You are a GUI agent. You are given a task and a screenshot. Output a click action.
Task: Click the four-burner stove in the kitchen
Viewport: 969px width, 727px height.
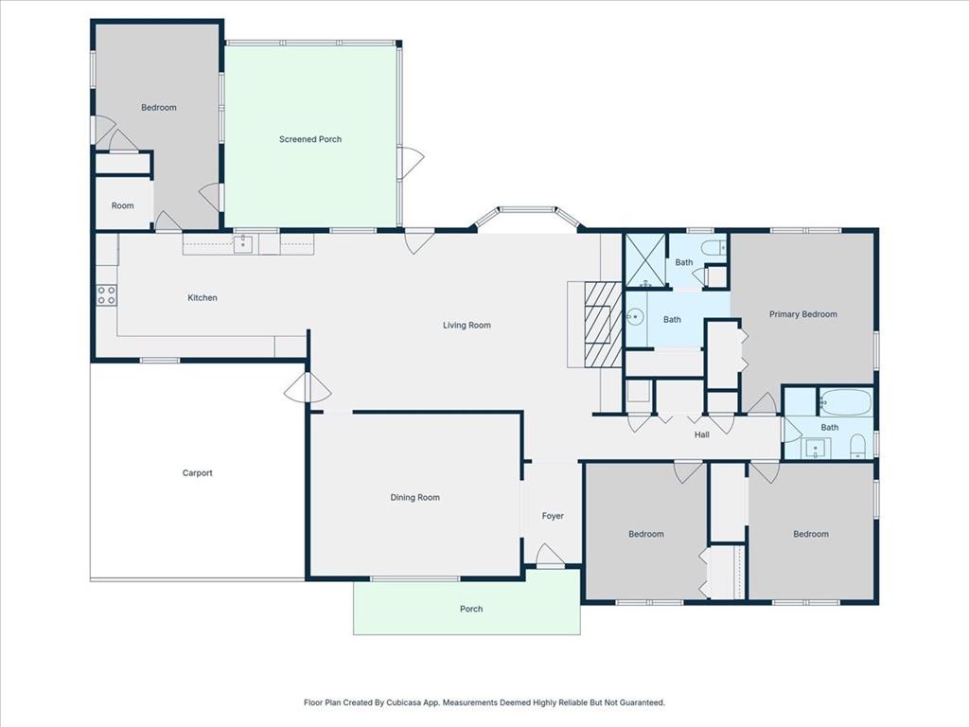click(x=106, y=295)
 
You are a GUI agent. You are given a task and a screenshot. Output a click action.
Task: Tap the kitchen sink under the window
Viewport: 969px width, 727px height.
click(x=243, y=245)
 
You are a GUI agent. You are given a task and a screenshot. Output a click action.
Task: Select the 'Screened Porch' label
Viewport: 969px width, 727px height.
click(x=310, y=139)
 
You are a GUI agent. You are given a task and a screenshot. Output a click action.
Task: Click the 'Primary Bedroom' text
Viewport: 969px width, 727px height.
click(x=802, y=314)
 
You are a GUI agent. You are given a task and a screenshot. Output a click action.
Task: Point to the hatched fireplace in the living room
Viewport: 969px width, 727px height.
click(x=603, y=325)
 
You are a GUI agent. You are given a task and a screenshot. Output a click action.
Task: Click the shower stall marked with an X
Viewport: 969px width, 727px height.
click(x=644, y=261)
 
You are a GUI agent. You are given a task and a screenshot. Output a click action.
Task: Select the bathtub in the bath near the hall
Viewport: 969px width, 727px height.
click(x=845, y=403)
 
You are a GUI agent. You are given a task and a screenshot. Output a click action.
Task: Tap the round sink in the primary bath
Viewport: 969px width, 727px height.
click(x=635, y=319)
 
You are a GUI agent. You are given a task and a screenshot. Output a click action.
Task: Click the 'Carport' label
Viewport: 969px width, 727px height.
click(x=197, y=473)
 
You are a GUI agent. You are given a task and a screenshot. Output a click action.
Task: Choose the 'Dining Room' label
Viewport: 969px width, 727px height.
click(x=415, y=498)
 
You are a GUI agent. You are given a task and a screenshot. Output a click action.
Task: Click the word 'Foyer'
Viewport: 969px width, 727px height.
click(x=553, y=516)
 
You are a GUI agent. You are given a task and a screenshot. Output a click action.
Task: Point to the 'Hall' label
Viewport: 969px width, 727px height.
click(x=702, y=434)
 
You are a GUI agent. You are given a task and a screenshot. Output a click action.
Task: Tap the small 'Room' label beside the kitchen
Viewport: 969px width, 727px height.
click(x=123, y=205)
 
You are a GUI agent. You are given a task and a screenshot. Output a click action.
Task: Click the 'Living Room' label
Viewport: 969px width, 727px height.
click(x=467, y=326)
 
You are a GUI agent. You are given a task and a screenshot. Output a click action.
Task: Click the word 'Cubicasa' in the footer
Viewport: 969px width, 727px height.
click(x=416, y=702)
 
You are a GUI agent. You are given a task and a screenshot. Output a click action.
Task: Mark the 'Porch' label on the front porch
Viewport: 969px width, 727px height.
click(x=471, y=609)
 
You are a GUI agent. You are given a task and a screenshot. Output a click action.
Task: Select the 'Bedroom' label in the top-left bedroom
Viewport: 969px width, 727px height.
click(x=159, y=108)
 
